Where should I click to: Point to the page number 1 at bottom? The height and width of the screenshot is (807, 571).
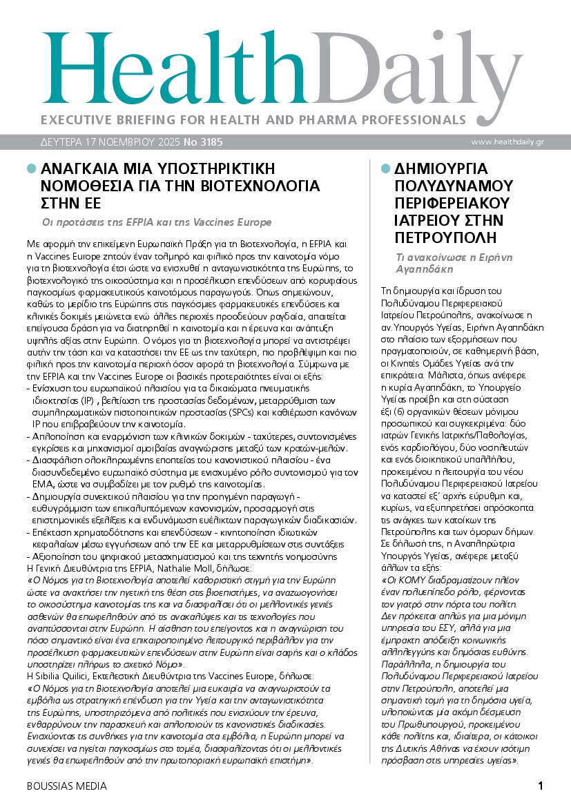click(541, 786)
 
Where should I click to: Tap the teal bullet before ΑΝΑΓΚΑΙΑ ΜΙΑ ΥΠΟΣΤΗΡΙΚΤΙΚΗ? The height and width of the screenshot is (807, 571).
click(31, 168)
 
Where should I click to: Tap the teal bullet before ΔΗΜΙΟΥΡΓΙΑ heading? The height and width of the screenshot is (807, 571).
click(385, 168)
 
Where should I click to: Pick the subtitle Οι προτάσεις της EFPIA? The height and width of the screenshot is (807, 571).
click(157, 222)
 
